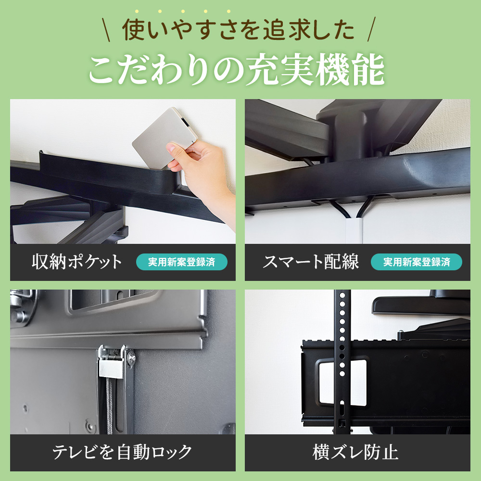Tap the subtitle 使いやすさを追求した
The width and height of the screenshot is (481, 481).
[239, 30]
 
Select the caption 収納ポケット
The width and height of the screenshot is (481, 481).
[77, 262]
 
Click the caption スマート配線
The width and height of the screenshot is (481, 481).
[311, 262]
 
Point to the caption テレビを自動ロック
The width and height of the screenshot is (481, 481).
[122, 453]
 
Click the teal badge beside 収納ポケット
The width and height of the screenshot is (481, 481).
[181, 262]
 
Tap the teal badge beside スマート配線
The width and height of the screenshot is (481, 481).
[416, 262]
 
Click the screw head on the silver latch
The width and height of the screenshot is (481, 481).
[131, 356]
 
